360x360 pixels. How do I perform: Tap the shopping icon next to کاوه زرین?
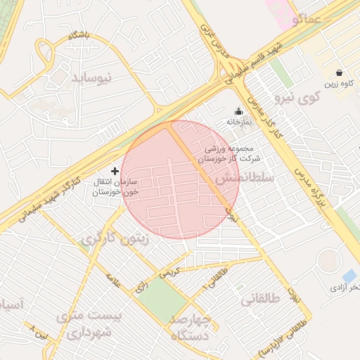coord(340,72)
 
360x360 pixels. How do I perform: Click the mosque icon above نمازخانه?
coord(238,111)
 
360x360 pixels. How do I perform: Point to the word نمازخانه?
coord(238,122)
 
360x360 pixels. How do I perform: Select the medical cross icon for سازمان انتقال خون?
coord(115,171)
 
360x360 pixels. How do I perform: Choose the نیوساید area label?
coord(91,77)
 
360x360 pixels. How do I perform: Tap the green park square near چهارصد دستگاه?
coord(160,301)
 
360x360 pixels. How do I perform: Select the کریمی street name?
coord(172,271)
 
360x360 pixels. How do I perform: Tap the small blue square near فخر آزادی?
coord(349,275)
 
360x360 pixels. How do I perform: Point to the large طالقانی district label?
coord(261,300)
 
